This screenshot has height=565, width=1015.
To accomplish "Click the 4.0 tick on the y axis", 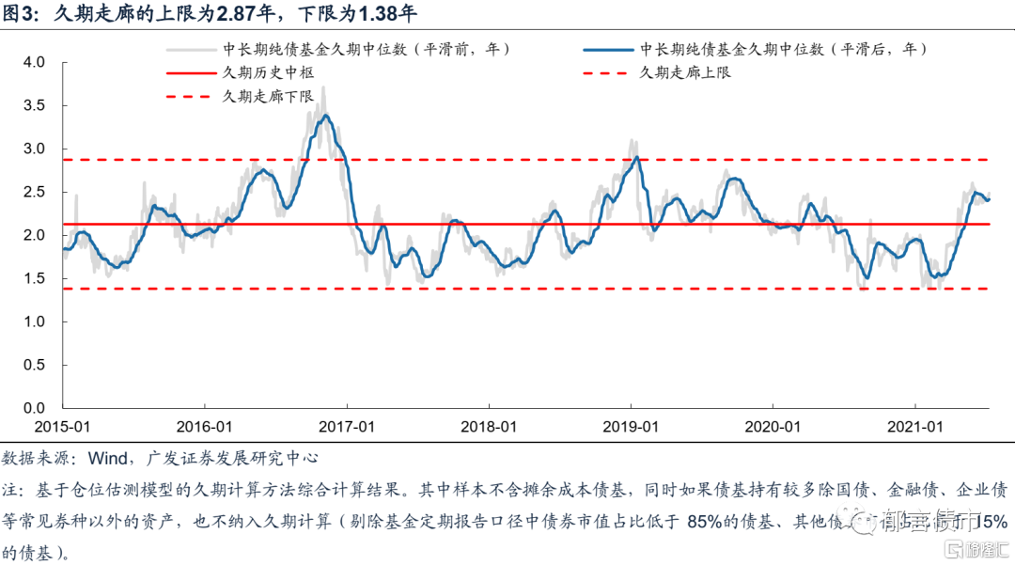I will [x=34, y=62].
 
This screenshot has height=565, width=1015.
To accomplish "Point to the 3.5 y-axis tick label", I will [x=34, y=105].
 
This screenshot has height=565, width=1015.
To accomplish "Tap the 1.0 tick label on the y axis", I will [x=34, y=322].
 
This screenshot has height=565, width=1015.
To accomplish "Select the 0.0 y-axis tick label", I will [x=34, y=408].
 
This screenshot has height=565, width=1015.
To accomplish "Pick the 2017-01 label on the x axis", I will [x=347, y=426].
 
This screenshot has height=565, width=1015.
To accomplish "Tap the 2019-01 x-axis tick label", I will [x=631, y=426].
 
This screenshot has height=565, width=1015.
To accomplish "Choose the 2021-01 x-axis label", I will [x=915, y=426].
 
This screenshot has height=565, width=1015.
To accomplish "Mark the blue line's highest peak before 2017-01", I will [x=325, y=116].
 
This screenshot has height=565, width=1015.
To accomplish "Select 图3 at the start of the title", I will [x=21, y=16].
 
